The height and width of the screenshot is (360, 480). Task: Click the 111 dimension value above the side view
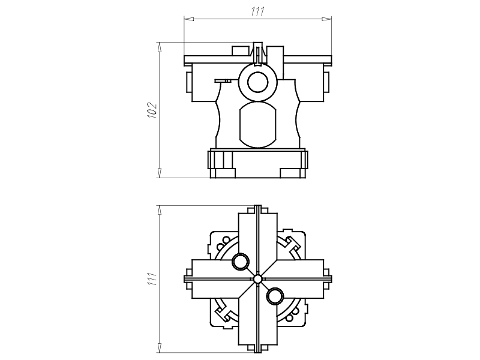click(x=257, y=11)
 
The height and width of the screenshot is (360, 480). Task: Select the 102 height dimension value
click(x=152, y=110)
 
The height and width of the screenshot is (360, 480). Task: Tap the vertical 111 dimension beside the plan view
click(x=152, y=279)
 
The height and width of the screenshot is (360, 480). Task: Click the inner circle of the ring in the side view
click(x=258, y=82)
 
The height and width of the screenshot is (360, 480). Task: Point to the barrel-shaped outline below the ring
click(x=258, y=125)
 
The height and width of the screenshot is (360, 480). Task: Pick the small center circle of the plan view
click(x=257, y=279)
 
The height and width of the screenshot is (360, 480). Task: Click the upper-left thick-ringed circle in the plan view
click(x=241, y=262)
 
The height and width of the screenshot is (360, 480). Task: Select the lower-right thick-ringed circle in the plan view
click(x=275, y=296)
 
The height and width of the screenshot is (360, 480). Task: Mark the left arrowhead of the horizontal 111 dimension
click(x=189, y=19)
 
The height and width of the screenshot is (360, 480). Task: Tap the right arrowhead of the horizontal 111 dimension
click(x=327, y=19)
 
